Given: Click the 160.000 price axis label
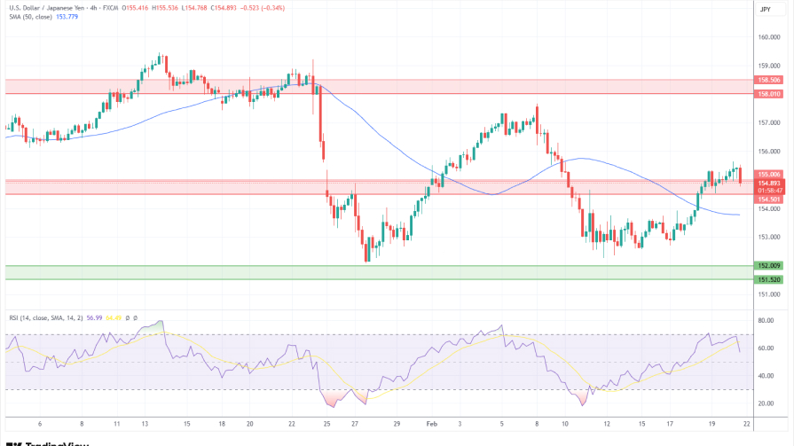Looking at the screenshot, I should click(768, 37).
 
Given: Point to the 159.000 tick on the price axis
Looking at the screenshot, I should click(768, 66).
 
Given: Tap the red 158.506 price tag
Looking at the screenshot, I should click(768, 80).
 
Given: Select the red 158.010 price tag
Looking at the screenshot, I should click(768, 93).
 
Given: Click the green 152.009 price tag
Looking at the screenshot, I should click(768, 265).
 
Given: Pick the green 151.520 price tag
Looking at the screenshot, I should click(768, 279).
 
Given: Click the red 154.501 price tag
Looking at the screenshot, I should click(768, 200).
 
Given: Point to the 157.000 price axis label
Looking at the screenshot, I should click(768, 123).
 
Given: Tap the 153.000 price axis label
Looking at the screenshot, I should click(768, 238).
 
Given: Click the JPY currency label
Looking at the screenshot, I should click(766, 9).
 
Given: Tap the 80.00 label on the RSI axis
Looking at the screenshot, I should click(766, 320).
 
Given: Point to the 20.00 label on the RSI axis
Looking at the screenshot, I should click(766, 403).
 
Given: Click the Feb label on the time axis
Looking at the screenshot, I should click(432, 424).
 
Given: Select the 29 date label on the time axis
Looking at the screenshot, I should click(397, 424).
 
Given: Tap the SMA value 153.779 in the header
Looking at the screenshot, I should click(66, 18).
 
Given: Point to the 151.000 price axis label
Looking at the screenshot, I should click(768, 294).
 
